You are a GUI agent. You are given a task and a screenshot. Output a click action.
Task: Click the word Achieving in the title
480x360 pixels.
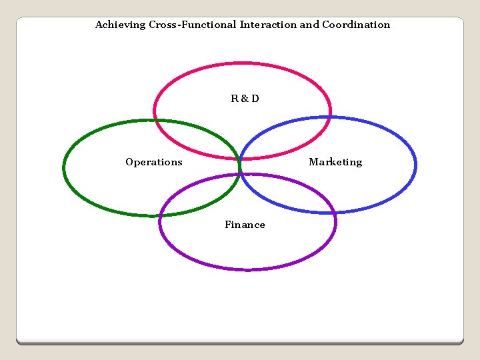[117, 25]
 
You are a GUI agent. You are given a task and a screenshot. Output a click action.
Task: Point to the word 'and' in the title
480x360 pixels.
[309, 25]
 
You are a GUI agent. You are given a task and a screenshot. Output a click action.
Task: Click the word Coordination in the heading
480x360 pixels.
[356, 25]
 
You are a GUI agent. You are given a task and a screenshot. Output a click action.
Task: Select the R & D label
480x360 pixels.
[245, 99]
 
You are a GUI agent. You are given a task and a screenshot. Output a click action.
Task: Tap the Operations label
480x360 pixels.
[153, 162]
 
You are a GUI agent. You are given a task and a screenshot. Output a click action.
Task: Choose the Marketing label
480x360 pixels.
[335, 162]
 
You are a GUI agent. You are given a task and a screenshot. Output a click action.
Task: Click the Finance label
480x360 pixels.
[245, 225]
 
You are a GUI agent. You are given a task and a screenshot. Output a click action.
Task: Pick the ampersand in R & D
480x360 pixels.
[245, 99]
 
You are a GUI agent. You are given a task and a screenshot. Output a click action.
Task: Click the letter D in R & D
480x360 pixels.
[255, 99]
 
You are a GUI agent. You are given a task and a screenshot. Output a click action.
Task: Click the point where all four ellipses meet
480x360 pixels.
[239, 167]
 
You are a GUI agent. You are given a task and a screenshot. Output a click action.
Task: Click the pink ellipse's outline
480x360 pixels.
[243, 63]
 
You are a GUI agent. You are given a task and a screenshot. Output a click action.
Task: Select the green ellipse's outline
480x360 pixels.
[64, 167]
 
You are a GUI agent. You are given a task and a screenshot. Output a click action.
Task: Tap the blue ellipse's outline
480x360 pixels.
[415, 165]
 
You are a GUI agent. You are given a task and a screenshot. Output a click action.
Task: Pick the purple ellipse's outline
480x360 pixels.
[248, 269]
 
